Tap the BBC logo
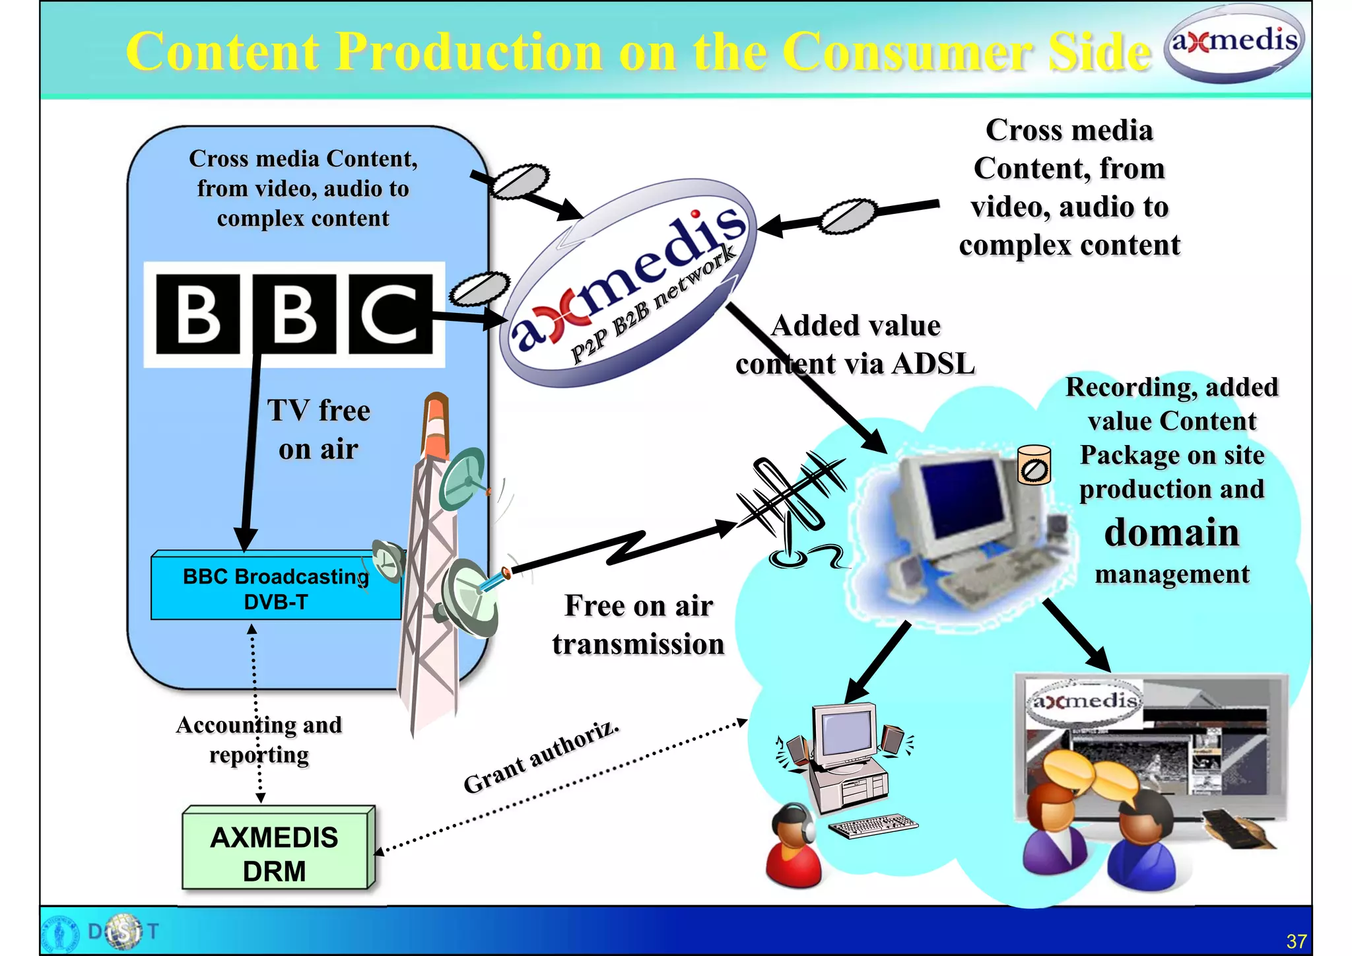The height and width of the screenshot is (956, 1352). coord(294,315)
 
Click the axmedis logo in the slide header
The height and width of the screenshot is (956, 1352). coord(1233,43)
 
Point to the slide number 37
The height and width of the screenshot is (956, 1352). coord(1296,941)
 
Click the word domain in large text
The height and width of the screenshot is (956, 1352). coord(1172,532)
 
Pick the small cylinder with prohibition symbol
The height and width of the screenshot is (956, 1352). coord(1034,465)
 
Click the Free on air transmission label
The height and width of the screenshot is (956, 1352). coord(638,625)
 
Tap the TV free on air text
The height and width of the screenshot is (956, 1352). coord(319,429)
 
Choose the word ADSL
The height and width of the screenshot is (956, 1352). coord(933,364)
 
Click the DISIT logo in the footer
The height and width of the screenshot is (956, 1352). coord(122,932)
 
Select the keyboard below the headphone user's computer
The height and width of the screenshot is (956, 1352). coord(873,825)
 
